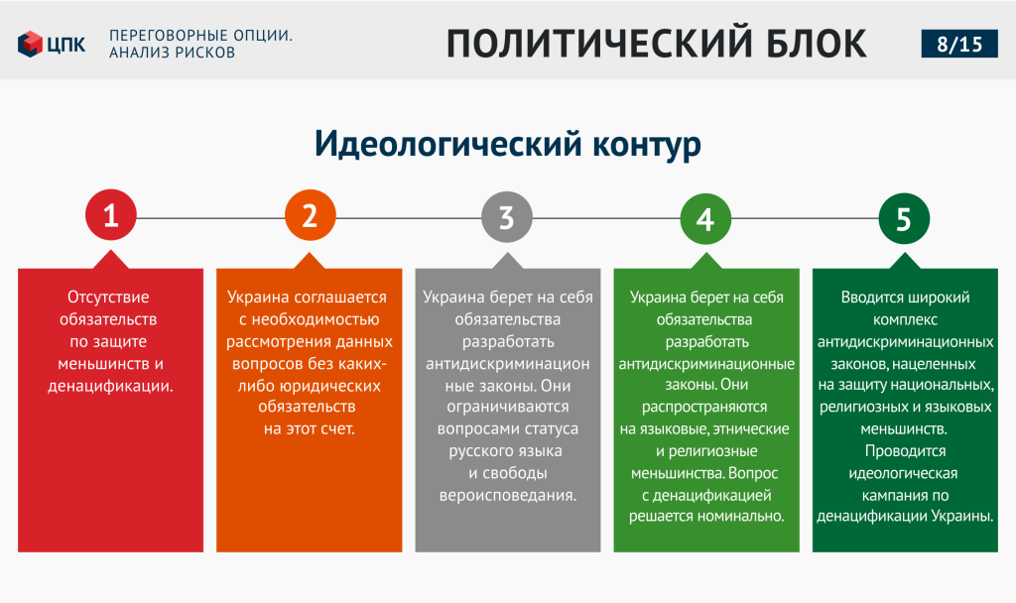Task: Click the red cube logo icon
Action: [30, 44]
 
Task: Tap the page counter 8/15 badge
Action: [959, 44]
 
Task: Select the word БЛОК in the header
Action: [817, 44]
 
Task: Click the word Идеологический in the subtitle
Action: [448, 144]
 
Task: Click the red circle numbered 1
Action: [111, 215]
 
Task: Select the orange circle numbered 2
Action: [311, 215]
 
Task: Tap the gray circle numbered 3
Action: [507, 217]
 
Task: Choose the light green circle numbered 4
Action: [705, 219]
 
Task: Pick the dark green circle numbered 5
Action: [904, 219]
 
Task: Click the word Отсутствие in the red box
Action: [108, 298]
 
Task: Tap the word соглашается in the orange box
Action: [340, 298]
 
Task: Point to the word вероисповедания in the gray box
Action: [507, 496]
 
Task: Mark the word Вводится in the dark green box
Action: [871, 298]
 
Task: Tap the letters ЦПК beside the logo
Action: [66, 45]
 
